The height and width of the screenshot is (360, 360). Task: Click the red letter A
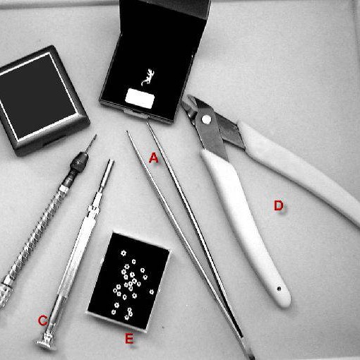coord(154,159)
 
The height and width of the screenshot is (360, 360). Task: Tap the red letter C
coord(42,320)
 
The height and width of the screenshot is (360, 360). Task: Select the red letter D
coord(278,205)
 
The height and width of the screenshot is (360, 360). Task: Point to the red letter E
coord(128,340)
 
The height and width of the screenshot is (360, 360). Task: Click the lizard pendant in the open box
coord(148,76)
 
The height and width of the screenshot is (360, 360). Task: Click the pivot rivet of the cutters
coord(205,120)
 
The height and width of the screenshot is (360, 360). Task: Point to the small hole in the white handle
coord(282,289)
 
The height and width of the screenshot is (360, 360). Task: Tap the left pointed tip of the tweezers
coord(128,133)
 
